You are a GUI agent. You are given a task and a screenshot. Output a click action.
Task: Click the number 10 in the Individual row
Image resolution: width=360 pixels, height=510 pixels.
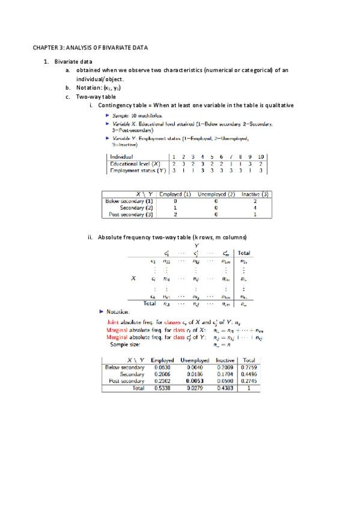tap(260, 156)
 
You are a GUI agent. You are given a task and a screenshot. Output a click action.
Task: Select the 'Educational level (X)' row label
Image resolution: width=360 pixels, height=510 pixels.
tap(135, 163)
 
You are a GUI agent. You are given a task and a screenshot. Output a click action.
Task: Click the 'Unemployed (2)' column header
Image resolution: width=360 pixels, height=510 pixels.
tap(216, 194)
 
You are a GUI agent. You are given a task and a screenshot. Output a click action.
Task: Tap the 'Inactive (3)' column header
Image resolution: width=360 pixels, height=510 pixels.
tap(255, 194)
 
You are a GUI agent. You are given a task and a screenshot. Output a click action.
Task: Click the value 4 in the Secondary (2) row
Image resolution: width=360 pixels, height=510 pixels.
tap(255, 207)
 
